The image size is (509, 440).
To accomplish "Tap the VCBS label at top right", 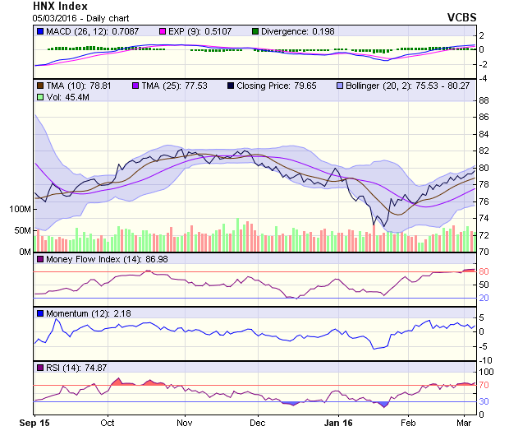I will [462, 16].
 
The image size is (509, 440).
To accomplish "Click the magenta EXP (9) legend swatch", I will [166, 31].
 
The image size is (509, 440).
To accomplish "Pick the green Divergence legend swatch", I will [256, 31].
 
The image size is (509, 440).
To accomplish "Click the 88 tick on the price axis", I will [484, 100].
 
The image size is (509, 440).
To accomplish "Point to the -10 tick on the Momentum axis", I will [485, 360].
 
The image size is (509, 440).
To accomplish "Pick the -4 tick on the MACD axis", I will [484, 78].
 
